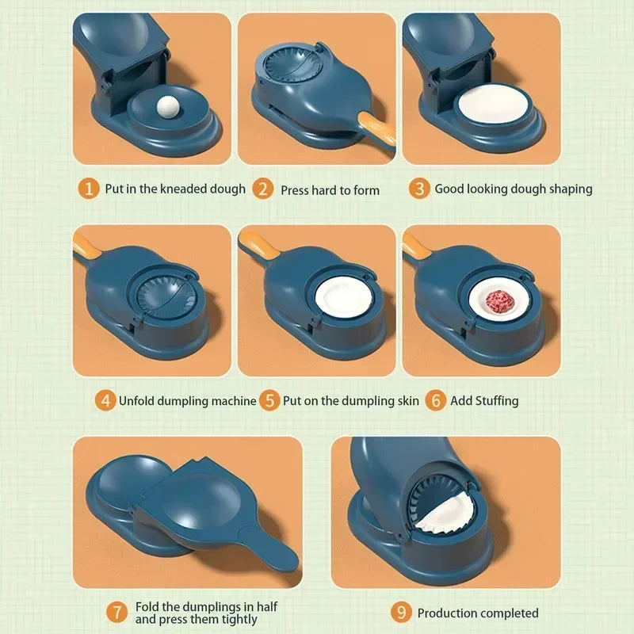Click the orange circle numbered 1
pyautogui.click(x=90, y=189)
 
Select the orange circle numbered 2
pyautogui.click(x=263, y=189)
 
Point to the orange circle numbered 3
pyautogui.click(x=419, y=189)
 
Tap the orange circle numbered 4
pyautogui.click(x=105, y=400)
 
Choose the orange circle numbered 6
pyautogui.click(x=434, y=400)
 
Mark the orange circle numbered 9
pyautogui.click(x=402, y=613)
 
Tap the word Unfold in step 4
pyautogui.click(x=138, y=401)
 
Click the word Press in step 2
pyautogui.click(x=296, y=190)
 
